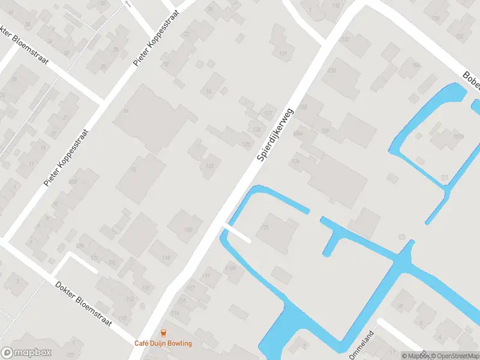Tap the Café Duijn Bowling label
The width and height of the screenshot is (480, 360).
[x=163, y=343]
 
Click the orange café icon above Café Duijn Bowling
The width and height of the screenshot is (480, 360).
[x=163, y=333]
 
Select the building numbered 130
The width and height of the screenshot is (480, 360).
[x=332, y=71]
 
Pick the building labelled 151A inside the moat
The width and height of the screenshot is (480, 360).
[x=442, y=137]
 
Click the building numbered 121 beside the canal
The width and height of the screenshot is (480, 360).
[x=265, y=228]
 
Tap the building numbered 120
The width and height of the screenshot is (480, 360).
[x=188, y=229]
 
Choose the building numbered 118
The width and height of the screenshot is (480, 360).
[x=166, y=258]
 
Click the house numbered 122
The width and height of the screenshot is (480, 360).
[x=209, y=166]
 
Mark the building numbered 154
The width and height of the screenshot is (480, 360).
[x=415, y=65]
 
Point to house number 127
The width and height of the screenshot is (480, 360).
[x=268, y=113]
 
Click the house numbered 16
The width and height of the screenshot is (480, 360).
[x=209, y=91]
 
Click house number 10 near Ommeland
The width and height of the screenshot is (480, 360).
[x=400, y=307]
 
